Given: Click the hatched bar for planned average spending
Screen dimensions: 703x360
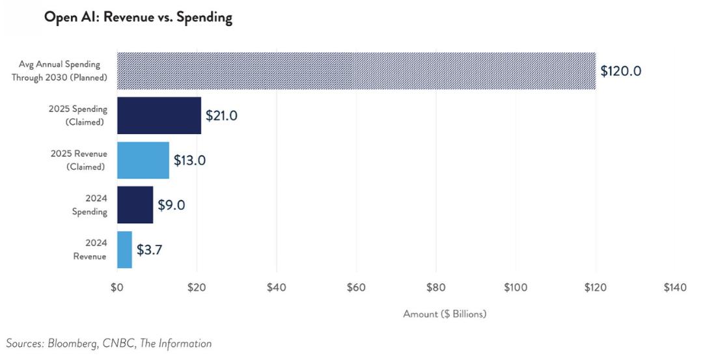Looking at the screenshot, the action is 357,71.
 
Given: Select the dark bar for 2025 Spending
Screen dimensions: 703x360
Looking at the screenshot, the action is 159,115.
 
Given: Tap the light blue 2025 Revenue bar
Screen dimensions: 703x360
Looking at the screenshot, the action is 143,160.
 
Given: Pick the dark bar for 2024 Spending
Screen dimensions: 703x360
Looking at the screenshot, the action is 135,205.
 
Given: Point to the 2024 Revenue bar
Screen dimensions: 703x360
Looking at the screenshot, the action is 124,250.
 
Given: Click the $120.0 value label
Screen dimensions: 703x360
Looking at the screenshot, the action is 621,71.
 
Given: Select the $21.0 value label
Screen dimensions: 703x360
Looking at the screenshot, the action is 221,115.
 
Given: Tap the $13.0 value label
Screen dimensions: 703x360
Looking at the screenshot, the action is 189,160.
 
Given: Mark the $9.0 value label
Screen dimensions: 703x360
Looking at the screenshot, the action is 171,205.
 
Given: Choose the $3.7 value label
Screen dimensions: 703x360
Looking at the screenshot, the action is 149,250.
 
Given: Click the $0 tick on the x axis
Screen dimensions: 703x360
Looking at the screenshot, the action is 117,287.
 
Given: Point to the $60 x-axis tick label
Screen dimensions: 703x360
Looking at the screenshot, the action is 357,287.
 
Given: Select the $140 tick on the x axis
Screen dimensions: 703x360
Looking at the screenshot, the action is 675,287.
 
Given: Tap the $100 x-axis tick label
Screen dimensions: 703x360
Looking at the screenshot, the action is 516,287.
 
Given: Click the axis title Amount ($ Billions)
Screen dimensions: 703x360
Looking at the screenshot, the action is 445,314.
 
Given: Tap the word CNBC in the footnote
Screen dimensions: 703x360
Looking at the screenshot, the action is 119,344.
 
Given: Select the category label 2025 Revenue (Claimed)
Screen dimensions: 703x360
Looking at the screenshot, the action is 79,160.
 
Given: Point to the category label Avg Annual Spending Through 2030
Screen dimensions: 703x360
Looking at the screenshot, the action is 60,71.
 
